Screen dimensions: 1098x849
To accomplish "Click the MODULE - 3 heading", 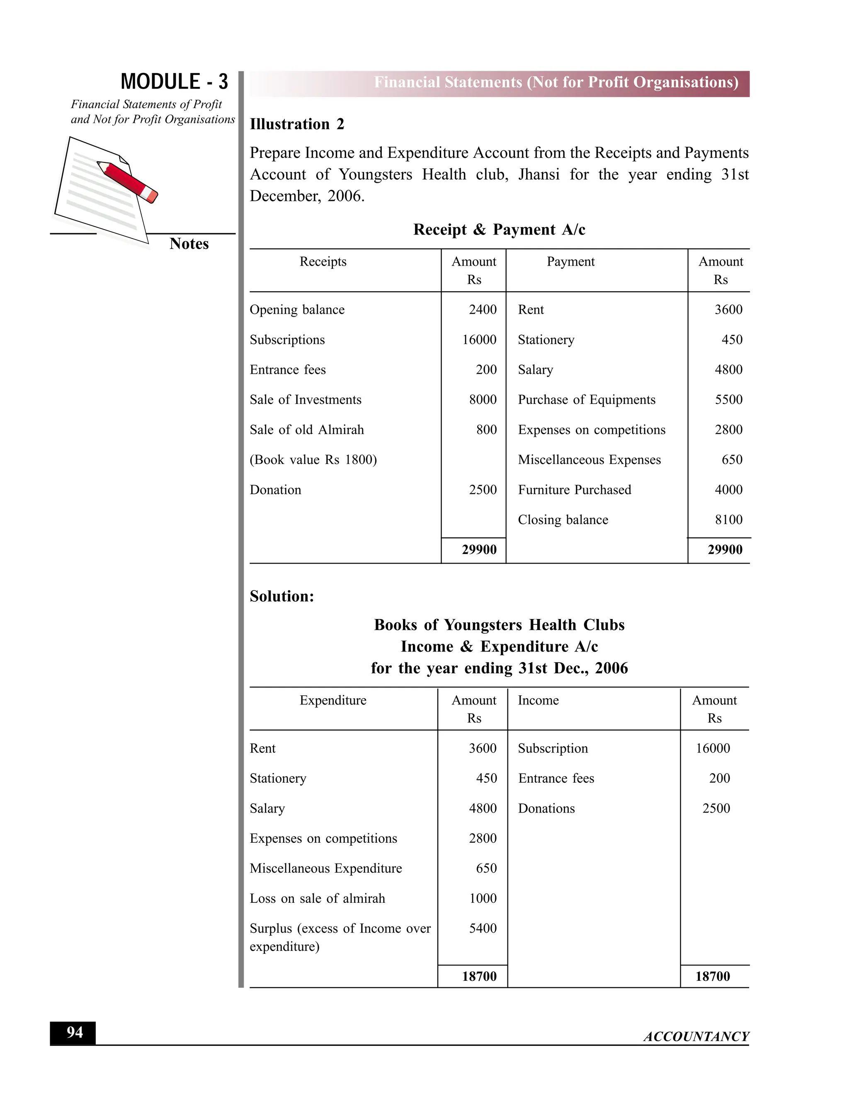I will pyautogui.click(x=174, y=82).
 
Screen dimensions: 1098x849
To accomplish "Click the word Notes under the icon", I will pyautogui.click(x=189, y=244).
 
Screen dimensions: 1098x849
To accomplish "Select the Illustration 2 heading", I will pyautogui.click(x=297, y=124).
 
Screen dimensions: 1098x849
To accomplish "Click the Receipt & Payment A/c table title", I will pyautogui.click(x=499, y=230).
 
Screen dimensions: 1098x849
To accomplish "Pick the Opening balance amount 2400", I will pyautogui.click(x=483, y=310).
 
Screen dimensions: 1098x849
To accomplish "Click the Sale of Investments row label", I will pyautogui.click(x=305, y=400).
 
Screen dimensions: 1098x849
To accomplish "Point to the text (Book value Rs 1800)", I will pyautogui.click(x=313, y=460).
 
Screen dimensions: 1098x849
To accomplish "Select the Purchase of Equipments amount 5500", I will pyautogui.click(x=728, y=400).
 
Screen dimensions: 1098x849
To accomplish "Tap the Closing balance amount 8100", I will pyautogui.click(x=728, y=520).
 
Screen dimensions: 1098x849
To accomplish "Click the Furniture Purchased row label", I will pyautogui.click(x=575, y=490).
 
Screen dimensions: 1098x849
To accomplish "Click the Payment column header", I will pyautogui.click(x=570, y=261).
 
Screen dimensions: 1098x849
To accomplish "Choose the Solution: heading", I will pyautogui.click(x=281, y=596).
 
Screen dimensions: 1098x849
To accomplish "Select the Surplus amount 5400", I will pyautogui.click(x=483, y=928).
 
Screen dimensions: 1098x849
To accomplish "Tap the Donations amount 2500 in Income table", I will pyautogui.click(x=716, y=808).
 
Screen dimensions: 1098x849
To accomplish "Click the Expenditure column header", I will pyautogui.click(x=332, y=700).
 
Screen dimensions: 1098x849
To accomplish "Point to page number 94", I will pyautogui.click(x=75, y=1032).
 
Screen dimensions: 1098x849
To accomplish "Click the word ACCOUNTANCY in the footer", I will pyautogui.click(x=696, y=1037).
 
